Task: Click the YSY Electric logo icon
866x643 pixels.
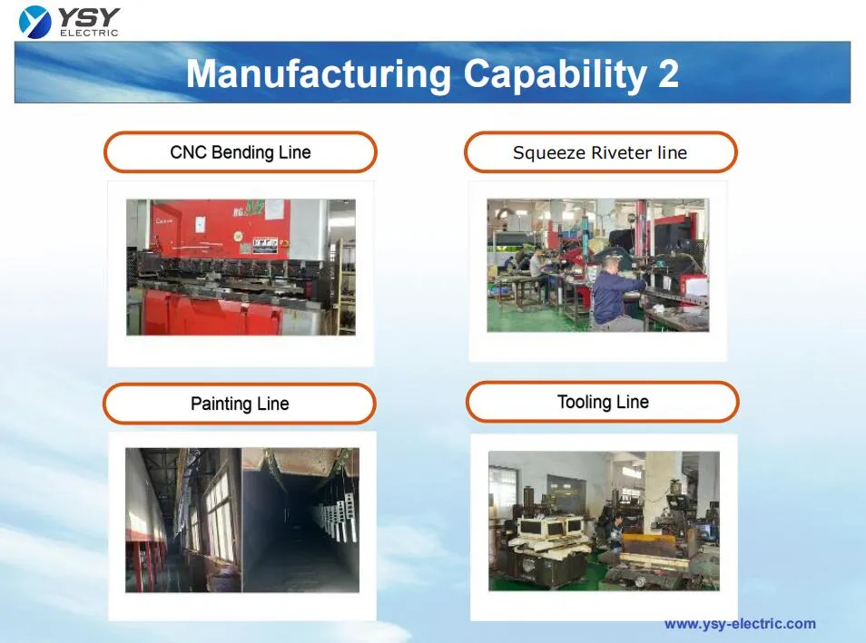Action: [35, 21]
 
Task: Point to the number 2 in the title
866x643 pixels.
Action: [668, 73]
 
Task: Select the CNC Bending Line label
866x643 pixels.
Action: [240, 152]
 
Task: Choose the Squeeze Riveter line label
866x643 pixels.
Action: [600, 152]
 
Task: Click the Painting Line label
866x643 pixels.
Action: [240, 404]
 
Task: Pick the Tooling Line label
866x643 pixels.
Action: [603, 402]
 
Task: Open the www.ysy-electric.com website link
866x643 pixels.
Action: [740, 623]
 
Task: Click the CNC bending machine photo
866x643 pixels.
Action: [241, 268]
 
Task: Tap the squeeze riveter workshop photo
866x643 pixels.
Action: [597, 265]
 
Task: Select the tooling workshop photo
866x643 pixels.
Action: [604, 521]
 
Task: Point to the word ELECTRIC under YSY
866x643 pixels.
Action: [89, 34]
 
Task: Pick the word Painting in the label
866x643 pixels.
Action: [221, 404]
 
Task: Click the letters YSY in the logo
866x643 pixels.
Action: [89, 16]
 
